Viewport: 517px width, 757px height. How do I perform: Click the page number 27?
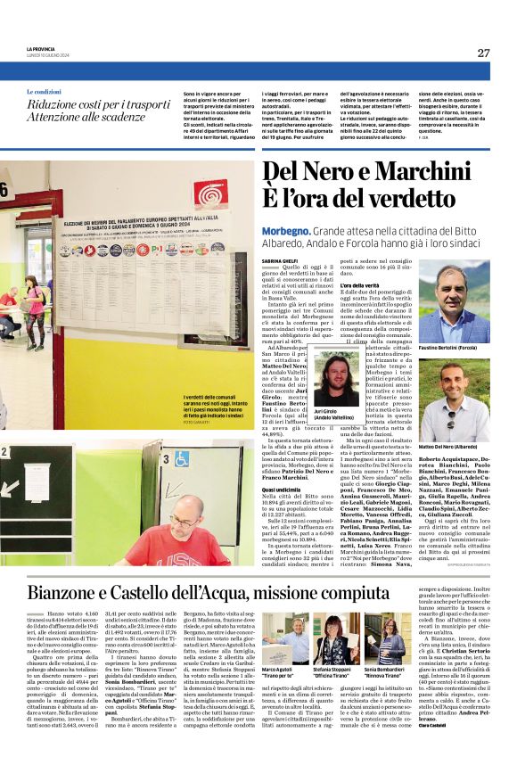(x=482, y=53)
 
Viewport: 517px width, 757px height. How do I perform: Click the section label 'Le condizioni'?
(x=44, y=93)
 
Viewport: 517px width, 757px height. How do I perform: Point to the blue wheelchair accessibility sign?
(x=183, y=459)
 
